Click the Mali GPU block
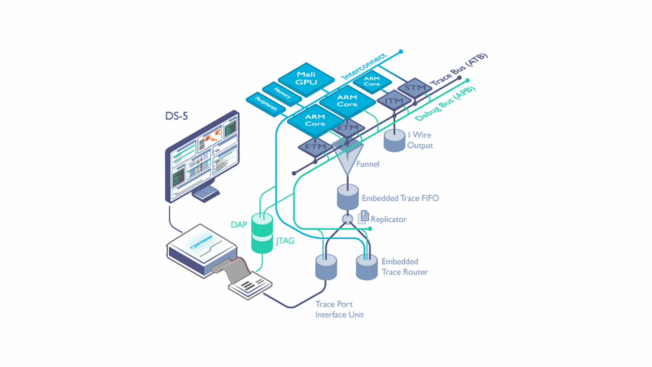pyautogui.click(x=306, y=79)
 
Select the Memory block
pyautogui.click(x=282, y=93)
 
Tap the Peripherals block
pyautogui.click(x=266, y=104)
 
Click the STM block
pyautogui.click(x=415, y=88)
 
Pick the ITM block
pyautogui.click(x=394, y=101)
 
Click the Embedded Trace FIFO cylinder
pyautogui.click(x=348, y=197)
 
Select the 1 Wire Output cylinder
pyautogui.click(x=394, y=141)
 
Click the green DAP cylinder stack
pyautogui.click(x=262, y=232)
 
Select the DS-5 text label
pyautogui.click(x=176, y=116)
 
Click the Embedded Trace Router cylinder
pyautogui.click(x=367, y=267)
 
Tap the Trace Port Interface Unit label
pyautogui.click(x=339, y=310)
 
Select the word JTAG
pyautogui.click(x=285, y=241)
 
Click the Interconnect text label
pyautogui.click(x=363, y=66)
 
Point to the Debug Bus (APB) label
pyautogui.click(x=445, y=104)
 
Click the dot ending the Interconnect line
pyautogui.click(x=401, y=52)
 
